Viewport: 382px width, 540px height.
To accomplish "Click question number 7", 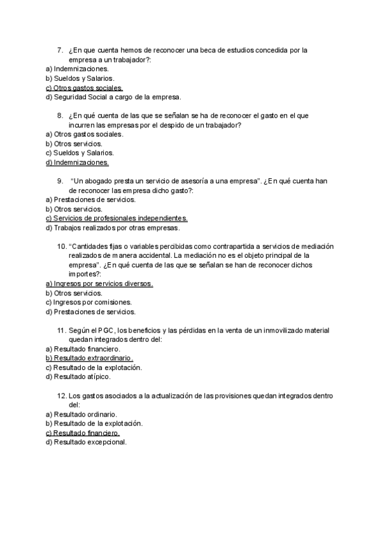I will [x=60, y=50].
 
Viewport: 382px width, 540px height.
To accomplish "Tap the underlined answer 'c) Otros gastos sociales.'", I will [x=84, y=88].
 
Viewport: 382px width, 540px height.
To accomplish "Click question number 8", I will [x=60, y=116].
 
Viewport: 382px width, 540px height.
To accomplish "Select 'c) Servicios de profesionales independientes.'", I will [x=117, y=218].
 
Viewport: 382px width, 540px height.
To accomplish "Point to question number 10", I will [x=62, y=246].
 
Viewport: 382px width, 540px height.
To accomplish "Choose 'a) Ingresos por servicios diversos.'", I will [x=99, y=283].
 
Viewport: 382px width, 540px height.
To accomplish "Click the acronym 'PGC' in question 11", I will [x=106, y=330].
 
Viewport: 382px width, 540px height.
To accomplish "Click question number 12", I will [x=62, y=396].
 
